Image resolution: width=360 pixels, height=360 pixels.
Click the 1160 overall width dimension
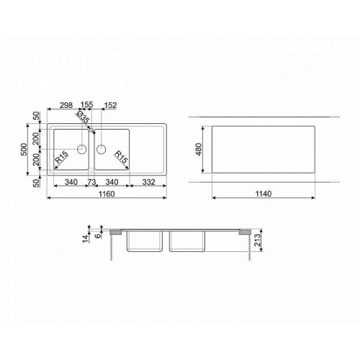click(x=107, y=194)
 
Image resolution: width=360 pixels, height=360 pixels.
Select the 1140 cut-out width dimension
click(x=264, y=194)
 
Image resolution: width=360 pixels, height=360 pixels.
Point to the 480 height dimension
click(x=199, y=149)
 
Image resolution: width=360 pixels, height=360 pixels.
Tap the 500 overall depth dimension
click(x=24, y=149)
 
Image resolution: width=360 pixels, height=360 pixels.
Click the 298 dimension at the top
click(x=66, y=105)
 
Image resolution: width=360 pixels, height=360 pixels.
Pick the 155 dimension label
click(x=86, y=105)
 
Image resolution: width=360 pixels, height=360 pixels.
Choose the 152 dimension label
click(x=110, y=105)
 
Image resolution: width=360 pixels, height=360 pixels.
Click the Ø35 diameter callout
click(x=83, y=117)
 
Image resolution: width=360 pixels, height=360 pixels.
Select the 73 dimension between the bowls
click(x=91, y=182)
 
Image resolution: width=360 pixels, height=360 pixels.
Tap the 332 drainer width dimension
click(x=148, y=182)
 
